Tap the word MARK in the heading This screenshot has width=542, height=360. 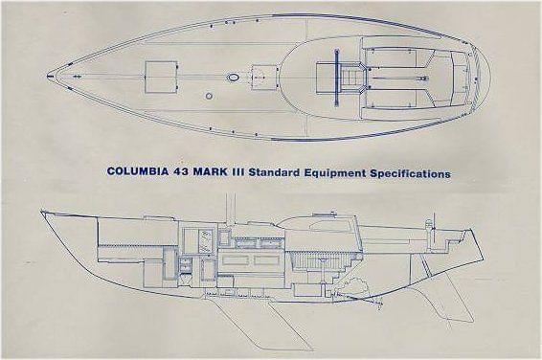tap(230, 175)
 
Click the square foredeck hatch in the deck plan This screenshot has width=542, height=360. tap(161, 75)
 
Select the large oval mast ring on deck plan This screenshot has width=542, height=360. tap(233, 77)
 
